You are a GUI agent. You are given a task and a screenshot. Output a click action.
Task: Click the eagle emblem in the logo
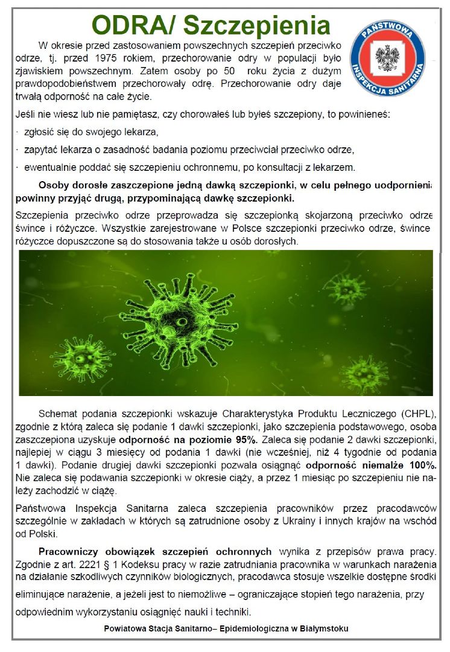coord(387,58)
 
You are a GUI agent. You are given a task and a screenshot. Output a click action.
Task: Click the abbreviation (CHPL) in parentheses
coord(416,414)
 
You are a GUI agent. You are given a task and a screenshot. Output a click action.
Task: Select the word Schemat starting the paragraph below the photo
coord(59,414)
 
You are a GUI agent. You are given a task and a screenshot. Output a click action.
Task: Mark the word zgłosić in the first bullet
coord(40,132)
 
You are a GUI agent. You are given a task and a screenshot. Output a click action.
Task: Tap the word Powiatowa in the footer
coord(126,628)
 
